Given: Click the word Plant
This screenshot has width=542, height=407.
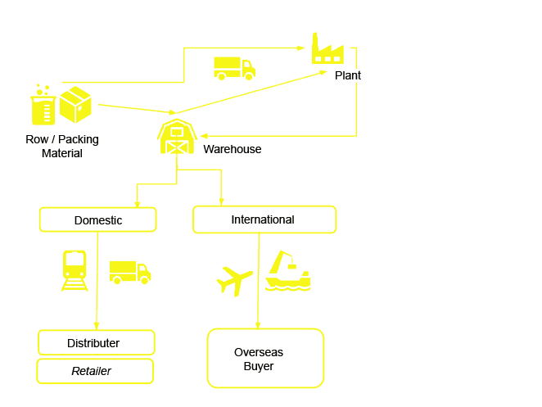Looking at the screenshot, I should pos(348,75).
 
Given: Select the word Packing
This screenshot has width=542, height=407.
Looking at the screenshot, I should pos(79,139).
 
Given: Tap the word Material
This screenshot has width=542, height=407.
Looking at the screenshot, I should pos(62,153).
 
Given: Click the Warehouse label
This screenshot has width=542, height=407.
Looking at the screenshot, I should pos(233,149).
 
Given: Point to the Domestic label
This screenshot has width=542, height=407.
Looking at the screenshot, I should pos(98,220).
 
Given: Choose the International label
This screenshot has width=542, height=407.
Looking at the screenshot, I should pos(263,219).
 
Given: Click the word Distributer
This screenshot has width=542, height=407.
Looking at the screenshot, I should pos(93,343).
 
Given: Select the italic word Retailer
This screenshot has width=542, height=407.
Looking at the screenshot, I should pos(91,371).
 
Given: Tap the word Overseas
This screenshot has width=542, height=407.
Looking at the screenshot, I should pos(259,352).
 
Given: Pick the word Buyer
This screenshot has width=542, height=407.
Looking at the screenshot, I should pos(259,366).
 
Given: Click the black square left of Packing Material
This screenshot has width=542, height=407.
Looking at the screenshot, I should pos(33,146).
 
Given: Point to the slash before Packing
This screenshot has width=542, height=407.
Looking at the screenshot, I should pos(53,139).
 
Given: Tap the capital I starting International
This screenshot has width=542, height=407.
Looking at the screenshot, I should pos(233,219).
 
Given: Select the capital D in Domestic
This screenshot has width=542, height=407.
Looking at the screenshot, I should pos(78,220).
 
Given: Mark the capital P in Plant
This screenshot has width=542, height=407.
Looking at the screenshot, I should pos(338,75).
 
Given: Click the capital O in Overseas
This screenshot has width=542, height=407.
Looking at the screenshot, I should pos(238,352).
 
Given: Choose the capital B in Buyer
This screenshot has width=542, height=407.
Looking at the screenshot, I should pos(246,366).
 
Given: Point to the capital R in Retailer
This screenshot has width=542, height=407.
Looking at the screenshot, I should pos(75,371).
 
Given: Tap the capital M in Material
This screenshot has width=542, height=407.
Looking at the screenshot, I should pos(46,153).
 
